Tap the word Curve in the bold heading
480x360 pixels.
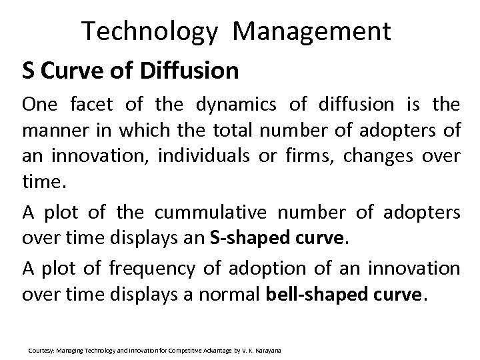(x=69, y=70)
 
